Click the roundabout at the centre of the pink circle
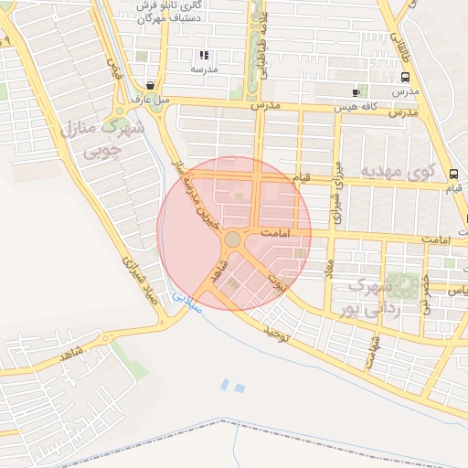[x=233, y=239]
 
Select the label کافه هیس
[x=355, y=107]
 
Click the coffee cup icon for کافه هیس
[x=356, y=92]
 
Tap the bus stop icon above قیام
[x=453, y=173]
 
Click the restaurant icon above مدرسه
[x=203, y=55]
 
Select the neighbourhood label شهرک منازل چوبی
[x=102, y=139]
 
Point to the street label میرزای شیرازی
[x=336, y=193]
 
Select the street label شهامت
[x=373, y=352]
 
